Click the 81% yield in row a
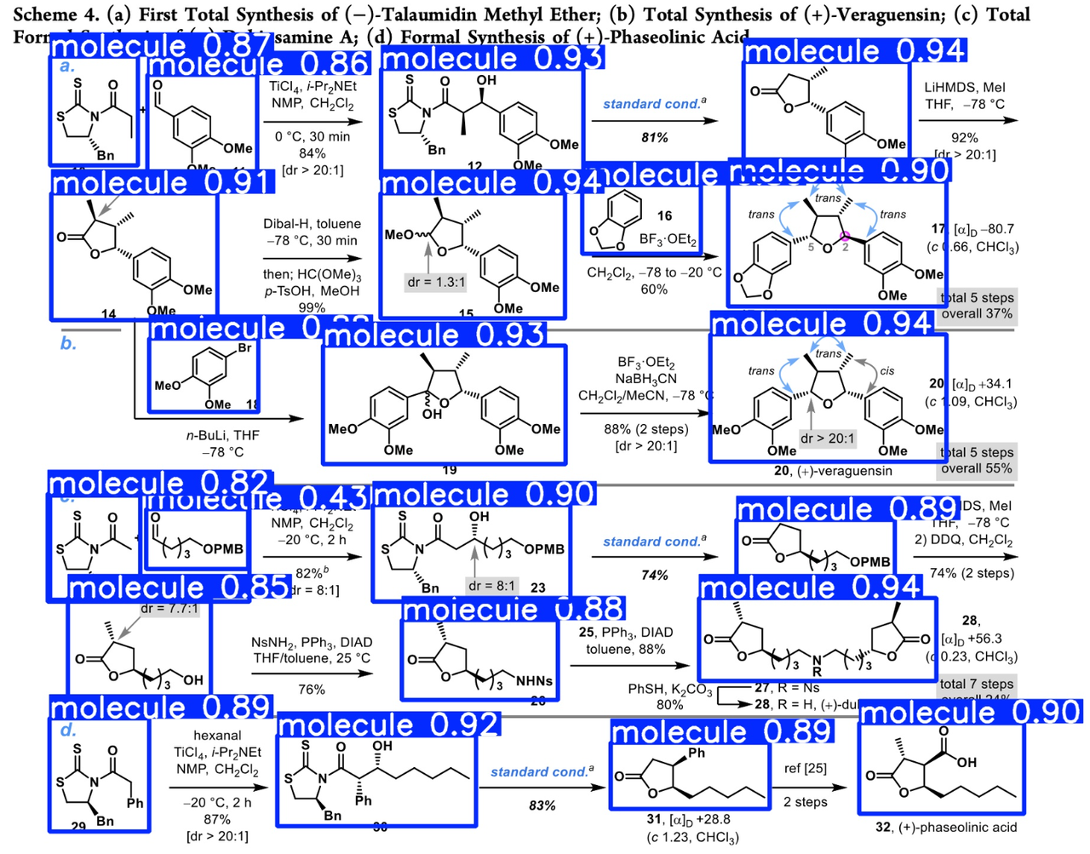(654, 137)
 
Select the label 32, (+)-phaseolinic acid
(946, 827)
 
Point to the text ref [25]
(805, 768)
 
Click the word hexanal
(217, 735)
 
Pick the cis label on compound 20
(886, 370)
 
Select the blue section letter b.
(68, 343)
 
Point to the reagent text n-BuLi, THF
(223, 435)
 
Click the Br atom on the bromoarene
(244, 348)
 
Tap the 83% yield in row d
(542, 805)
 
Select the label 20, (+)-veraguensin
(833, 471)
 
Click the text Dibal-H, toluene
(312, 224)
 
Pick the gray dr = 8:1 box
(491, 586)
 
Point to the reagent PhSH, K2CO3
(670, 689)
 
